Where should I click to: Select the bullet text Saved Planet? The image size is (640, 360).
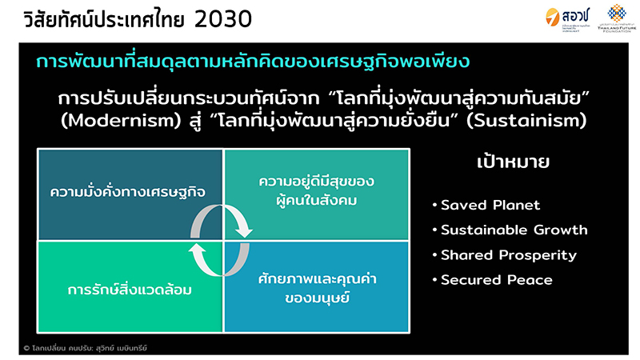click(490, 205)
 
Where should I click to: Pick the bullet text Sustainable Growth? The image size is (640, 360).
click(514, 230)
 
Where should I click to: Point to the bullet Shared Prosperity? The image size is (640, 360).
click(509, 255)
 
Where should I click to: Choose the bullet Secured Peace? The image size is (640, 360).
click(497, 280)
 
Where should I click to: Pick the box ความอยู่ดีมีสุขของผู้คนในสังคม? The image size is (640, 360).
click(317, 190)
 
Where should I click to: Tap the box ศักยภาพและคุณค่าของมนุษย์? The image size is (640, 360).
click(317, 288)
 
